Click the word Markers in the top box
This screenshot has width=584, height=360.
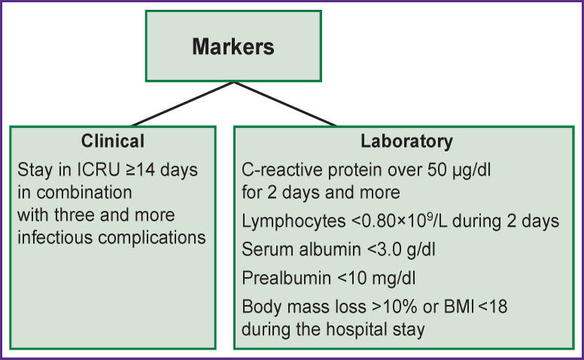coord(233,47)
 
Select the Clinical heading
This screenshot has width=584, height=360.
coord(113,141)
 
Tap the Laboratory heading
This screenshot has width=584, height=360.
coord(406,142)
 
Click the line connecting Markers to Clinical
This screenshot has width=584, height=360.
coord(182,104)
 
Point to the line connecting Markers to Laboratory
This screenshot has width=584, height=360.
coord(285,104)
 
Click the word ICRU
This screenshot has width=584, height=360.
coord(99,170)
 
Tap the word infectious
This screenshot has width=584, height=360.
coord(55,237)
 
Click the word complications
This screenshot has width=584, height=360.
coord(151,238)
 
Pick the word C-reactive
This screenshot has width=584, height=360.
coord(282,170)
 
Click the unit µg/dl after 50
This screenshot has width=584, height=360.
coord(472,171)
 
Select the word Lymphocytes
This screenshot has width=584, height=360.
coord(294,221)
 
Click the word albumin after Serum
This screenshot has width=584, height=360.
coord(330,249)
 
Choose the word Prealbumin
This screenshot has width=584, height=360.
coord(287,278)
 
